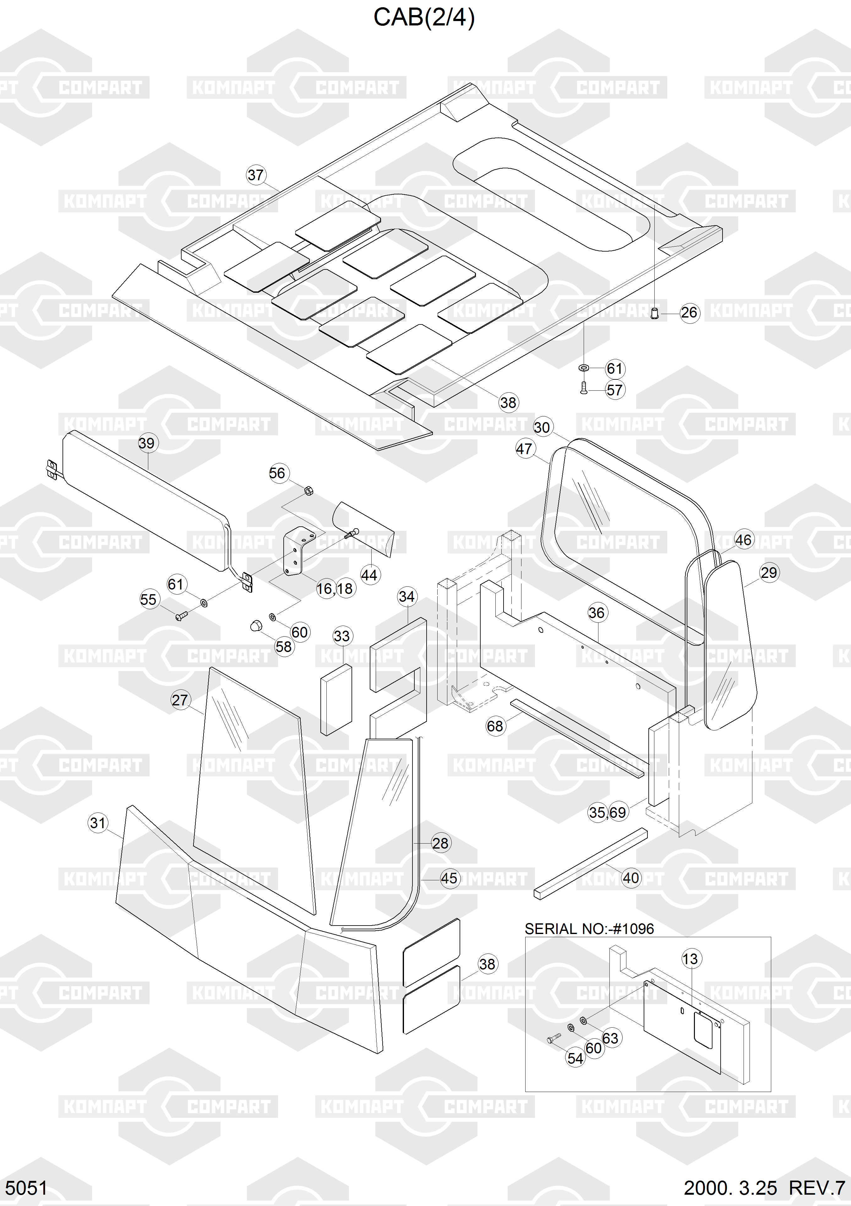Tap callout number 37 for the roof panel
click(256, 175)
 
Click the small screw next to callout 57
click(584, 389)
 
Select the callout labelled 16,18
click(335, 589)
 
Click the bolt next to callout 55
click(181, 615)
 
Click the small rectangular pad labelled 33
click(336, 700)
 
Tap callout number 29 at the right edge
click(768, 573)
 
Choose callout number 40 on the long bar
click(631, 878)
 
